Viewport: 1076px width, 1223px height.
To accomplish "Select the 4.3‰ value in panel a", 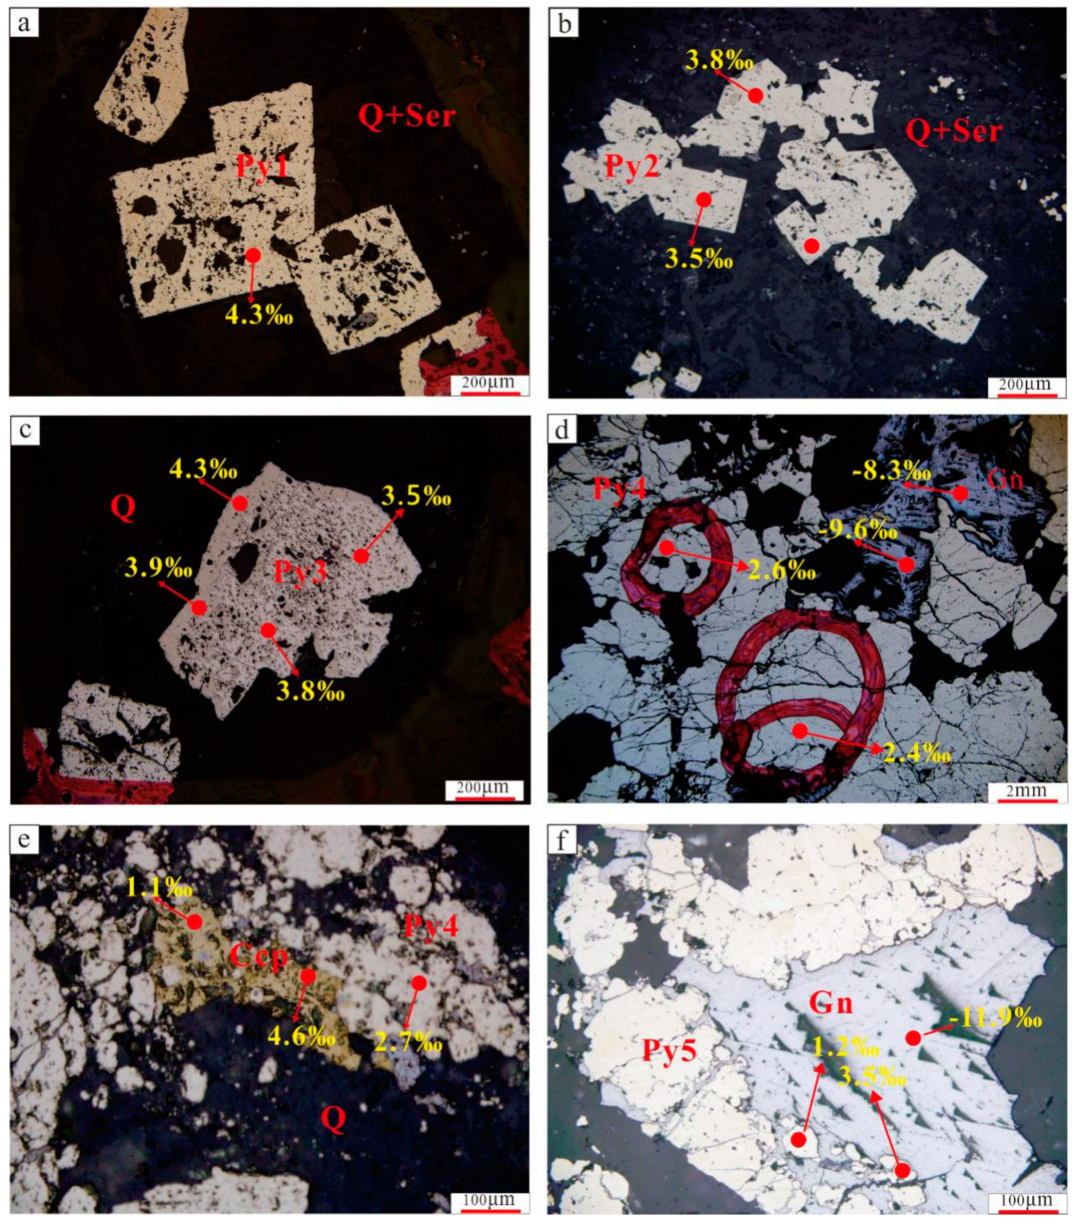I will (259, 315).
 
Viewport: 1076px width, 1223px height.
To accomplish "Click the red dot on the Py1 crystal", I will (253, 255).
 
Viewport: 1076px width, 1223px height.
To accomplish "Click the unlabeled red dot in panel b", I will (811, 245).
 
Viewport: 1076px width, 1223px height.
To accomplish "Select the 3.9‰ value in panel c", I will (158, 567).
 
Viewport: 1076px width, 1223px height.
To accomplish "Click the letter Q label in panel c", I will (123, 507).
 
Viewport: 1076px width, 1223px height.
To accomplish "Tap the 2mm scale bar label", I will (1027, 790).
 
